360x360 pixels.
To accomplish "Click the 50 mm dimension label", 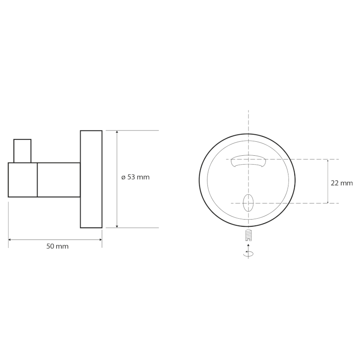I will coord(58,247).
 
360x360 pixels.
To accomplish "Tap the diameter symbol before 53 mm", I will coord(123,177).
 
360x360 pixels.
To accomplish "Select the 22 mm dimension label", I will coord(342,183).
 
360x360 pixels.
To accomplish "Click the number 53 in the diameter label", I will coord(131,177).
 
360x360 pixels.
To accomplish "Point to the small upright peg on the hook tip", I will coord(22,151).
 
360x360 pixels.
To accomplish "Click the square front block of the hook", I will coord(22,180).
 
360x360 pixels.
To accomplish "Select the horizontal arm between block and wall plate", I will coord(58,180).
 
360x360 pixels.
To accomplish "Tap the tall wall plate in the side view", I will coord(91,179).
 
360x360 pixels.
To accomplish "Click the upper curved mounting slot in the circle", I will coord(248,160).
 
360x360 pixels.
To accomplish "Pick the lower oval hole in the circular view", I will coord(248,203).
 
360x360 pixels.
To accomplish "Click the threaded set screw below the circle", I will coord(248,234).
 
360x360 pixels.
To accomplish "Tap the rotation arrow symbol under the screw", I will coord(248,254).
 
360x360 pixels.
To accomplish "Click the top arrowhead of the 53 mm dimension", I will coord(117,133).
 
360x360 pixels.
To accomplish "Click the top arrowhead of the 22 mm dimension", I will coord(328,162).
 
